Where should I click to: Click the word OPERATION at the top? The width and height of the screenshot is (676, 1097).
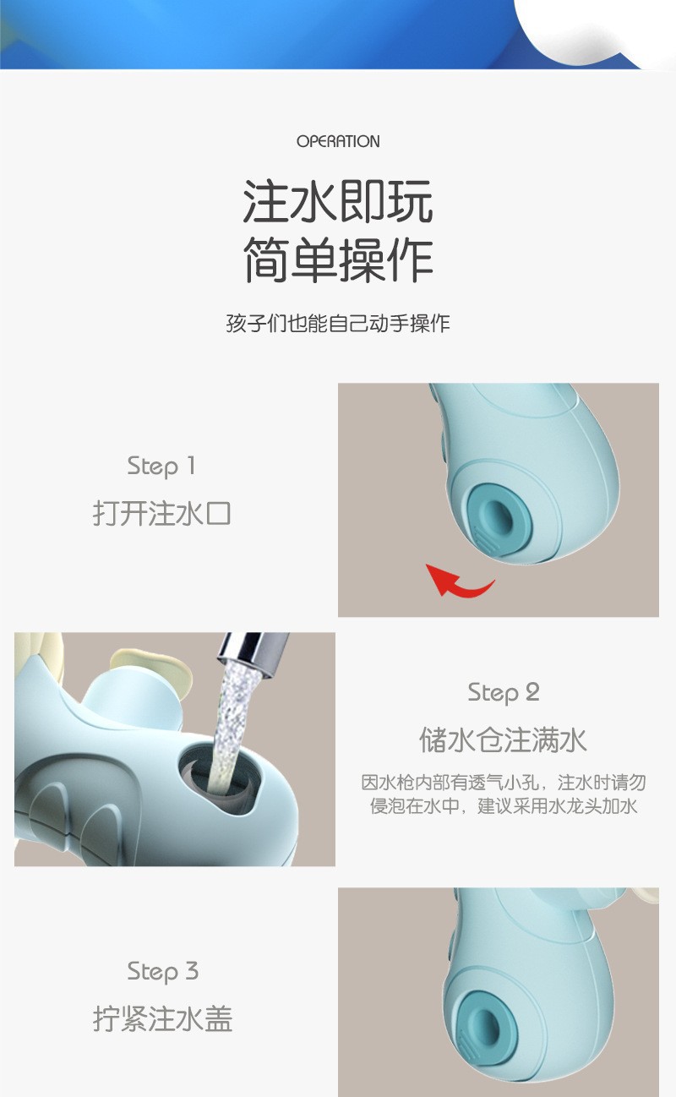click(338, 141)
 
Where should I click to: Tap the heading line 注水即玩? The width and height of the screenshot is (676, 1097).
click(338, 201)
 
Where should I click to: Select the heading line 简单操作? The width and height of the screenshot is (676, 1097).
click(338, 259)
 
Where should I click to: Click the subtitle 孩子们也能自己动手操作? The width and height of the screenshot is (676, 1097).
click(338, 323)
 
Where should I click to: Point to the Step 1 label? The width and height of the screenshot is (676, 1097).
click(161, 467)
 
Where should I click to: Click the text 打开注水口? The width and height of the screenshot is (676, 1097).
click(161, 513)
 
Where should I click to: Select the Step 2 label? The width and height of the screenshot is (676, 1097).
click(504, 693)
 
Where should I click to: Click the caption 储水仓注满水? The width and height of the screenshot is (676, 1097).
click(504, 740)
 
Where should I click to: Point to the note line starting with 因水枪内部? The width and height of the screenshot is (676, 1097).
click(504, 782)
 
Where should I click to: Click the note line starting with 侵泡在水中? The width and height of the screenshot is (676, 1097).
click(504, 805)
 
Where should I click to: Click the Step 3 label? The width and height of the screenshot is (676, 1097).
click(162, 972)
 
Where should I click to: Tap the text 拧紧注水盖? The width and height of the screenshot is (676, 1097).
click(162, 1018)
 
